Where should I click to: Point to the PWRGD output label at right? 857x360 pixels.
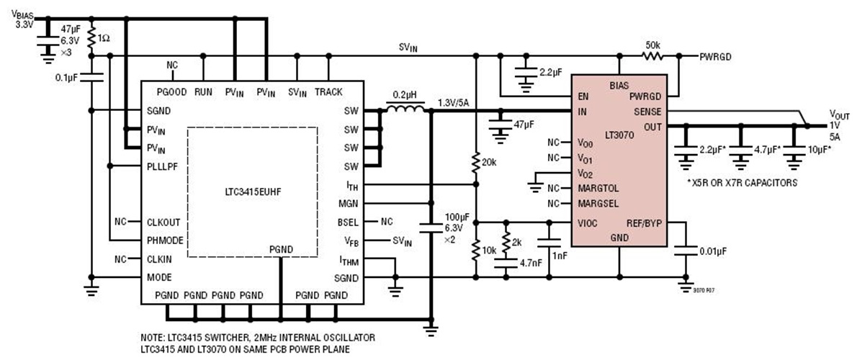coord(716,55)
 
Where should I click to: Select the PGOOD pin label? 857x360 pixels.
coord(172,92)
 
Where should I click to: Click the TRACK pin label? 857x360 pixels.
coord(328,92)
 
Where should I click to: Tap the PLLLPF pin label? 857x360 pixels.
coord(162,166)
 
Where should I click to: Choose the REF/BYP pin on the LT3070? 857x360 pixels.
coord(645,222)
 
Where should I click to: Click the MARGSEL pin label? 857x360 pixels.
coord(599,203)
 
